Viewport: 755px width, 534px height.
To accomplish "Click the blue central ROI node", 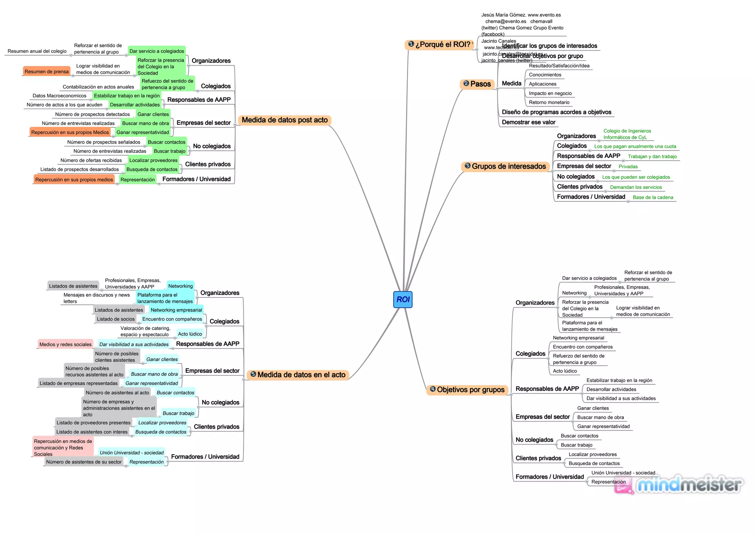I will coord(403,299).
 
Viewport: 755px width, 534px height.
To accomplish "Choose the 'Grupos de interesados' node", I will coord(505,166).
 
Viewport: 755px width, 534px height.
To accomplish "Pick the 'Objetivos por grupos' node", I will coord(467,390).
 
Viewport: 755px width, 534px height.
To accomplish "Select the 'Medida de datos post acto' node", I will coord(285,120).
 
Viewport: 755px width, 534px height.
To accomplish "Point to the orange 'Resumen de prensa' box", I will coord(47,72).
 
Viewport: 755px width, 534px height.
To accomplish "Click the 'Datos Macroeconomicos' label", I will coord(59,96).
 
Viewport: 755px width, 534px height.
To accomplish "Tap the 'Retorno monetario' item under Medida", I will coord(549,102).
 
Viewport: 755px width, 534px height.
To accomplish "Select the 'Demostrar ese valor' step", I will coord(528,122).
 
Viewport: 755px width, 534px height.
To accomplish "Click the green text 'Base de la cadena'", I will coord(653,197).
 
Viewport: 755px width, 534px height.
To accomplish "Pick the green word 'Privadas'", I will coord(628,167).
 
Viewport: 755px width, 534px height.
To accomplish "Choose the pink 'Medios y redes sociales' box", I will coord(66,344).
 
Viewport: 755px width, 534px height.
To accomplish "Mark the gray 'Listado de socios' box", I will coord(116,319).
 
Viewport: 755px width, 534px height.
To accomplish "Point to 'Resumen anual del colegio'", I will coord(37,51).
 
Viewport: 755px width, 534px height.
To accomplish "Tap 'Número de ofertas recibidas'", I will coord(91,160).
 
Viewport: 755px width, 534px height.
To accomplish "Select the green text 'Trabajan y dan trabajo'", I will coord(652,156).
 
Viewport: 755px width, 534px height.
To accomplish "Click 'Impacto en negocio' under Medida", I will coord(550,93).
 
